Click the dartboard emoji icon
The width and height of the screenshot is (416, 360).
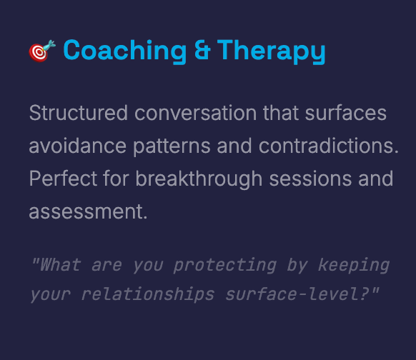pos(42,51)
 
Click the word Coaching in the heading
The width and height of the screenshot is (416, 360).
pos(124,51)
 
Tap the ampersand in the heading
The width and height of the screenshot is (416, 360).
pos(202,49)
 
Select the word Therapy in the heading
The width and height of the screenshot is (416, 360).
pos(271,51)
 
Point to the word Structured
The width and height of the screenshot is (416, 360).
pos(78,113)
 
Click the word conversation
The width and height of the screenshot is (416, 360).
pos(196,113)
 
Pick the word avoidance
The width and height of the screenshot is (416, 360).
pos(77,146)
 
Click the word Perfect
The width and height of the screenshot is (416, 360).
pos(63,179)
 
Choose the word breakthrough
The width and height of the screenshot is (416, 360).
pos(199,180)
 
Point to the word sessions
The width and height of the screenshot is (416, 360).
pos(310,179)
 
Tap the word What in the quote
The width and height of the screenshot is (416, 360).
pos(60,265)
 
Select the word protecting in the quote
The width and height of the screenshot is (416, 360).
pos(225,266)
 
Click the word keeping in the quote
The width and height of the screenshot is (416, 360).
pos(354,266)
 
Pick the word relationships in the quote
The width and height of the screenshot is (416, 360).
pos(147,294)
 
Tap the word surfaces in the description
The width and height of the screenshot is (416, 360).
pos(345,113)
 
